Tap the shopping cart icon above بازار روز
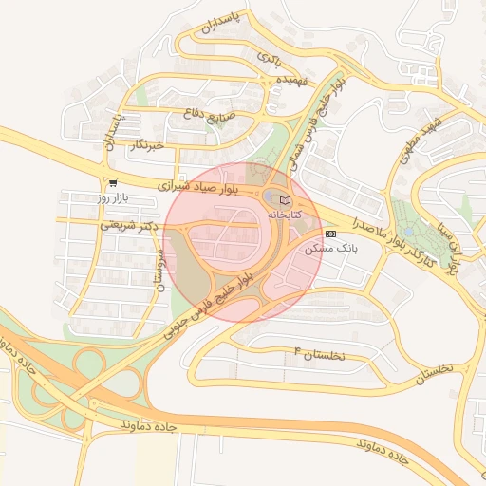(113, 183)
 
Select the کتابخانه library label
(284, 215)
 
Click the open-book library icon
(285, 200)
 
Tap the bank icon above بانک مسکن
(330, 233)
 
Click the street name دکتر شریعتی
(126, 225)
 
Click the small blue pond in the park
(408, 231)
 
